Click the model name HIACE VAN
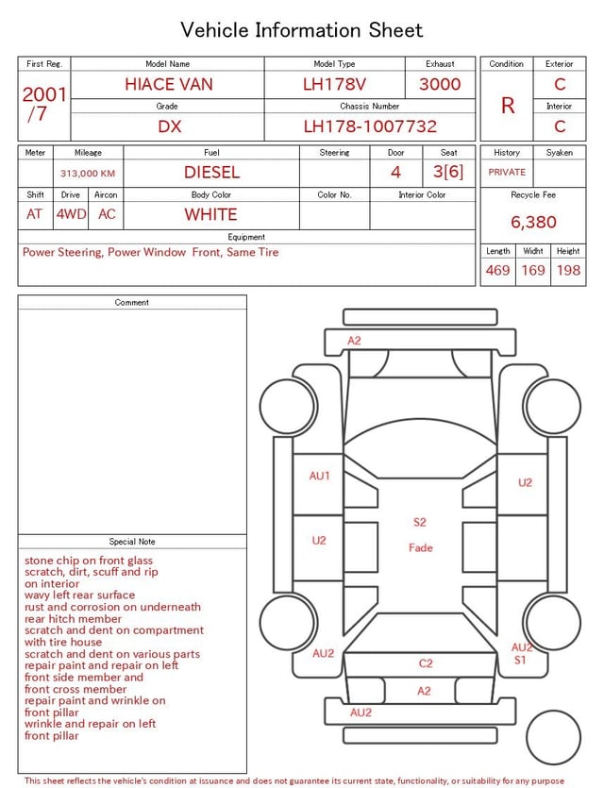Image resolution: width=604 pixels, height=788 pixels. pos(169,84)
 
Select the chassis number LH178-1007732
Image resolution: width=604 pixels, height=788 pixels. pos(370,126)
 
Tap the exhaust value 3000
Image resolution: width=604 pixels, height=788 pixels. pos(440,84)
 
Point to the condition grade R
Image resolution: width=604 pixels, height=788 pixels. pos(508,106)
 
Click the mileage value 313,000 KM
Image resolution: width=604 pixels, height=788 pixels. pos(88,174)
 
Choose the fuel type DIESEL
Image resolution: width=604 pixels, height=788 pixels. pos(211,173)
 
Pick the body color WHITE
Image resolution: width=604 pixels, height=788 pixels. pos(210,214)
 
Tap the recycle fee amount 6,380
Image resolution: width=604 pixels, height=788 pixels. pos(533,222)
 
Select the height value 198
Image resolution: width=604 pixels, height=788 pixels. pos(568,270)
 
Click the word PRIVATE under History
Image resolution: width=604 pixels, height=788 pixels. pos(507,172)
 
